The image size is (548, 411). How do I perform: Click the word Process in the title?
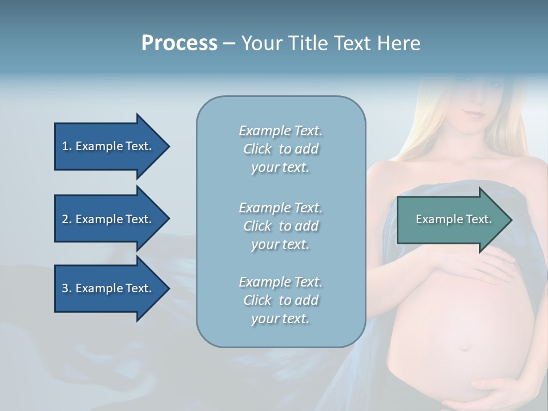pyautogui.click(x=179, y=43)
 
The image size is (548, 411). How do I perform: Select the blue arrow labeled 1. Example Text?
pyautogui.click(x=108, y=146)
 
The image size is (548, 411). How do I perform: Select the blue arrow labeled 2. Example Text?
pyautogui.click(x=108, y=219)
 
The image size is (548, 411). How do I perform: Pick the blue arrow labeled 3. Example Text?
pyautogui.click(x=108, y=288)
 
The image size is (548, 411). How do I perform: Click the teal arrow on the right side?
pyautogui.click(x=451, y=219)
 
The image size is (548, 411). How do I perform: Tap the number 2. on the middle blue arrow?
pyautogui.click(x=66, y=219)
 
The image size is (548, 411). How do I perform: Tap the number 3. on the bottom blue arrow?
pyautogui.click(x=66, y=288)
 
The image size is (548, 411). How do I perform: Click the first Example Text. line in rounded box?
pyautogui.click(x=280, y=131)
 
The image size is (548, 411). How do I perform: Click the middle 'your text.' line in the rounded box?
pyautogui.click(x=280, y=244)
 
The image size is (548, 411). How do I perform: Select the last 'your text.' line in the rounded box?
pyautogui.click(x=280, y=319)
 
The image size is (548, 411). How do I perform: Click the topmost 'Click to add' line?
pyautogui.click(x=280, y=149)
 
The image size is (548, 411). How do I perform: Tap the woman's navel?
pyautogui.click(x=465, y=346)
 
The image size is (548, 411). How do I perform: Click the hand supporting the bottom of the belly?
pyautogui.click(x=497, y=394)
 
